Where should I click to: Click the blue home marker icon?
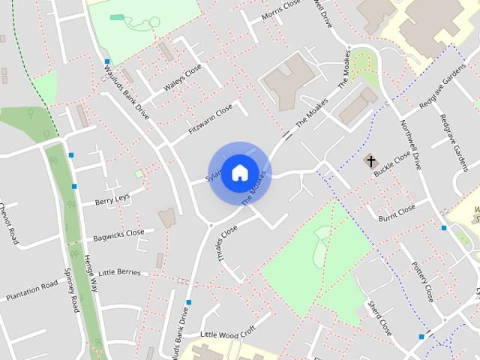tap(239, 172)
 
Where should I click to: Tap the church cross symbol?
tap(370, 160)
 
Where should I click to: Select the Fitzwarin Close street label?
tap(211, 120)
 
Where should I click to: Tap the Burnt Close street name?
tap(397, 213)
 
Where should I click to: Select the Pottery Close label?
tap(423, 281)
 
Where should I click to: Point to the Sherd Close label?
tap(379, 318)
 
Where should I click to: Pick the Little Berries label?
tap(120, 271)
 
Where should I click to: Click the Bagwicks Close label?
tap(118, 235)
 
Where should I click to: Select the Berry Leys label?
tap(112, 199)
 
